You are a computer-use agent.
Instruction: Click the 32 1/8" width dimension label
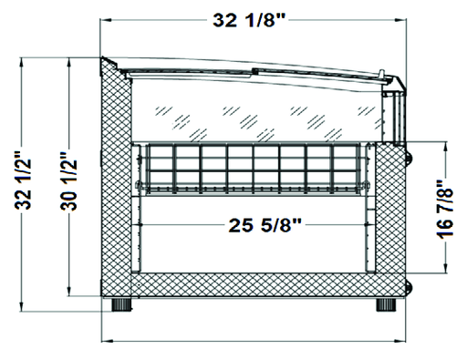click(x=249, y=21)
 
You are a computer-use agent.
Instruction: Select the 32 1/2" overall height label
click(x=23, y=180)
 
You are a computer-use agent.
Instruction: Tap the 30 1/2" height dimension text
click(x=68, y=181)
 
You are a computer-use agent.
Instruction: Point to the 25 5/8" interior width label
click(x=265, y=225)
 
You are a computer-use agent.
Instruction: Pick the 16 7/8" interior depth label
click(x=445, y=209)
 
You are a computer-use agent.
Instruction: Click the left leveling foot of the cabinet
click(x=121, y=304)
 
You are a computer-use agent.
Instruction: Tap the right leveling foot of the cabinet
click(x=386, y=304)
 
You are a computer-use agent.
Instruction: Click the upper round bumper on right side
click(x=409, y=156)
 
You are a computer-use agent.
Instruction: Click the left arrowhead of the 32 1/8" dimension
click(x=105, y=20)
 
